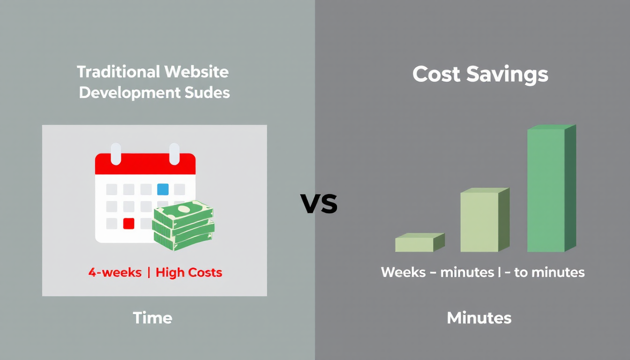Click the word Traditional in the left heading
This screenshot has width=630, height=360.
click(119, 72)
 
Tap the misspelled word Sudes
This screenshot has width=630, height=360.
click(207, 92)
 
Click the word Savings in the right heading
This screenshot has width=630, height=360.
click(507, 75)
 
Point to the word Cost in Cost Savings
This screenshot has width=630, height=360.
click(436, 74)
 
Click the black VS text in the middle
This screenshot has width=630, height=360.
click(319, 203)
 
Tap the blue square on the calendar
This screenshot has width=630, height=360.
click(163, 189)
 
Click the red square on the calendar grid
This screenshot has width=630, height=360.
click(129, 224)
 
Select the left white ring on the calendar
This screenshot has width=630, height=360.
click(116, 154)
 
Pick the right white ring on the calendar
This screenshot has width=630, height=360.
click(174, 154)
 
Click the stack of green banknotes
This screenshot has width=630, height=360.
click(183, 225)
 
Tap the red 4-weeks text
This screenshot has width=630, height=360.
click(115, 272)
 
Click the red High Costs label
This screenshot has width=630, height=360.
click(189, 272)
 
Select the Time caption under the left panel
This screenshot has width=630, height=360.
click(152, 318)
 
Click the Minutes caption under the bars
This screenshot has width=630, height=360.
click(479, 318)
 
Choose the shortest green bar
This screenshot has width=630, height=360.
click(420, 242)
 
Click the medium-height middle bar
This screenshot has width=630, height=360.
click(485, 220)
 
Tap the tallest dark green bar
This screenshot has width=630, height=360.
click(552, 188)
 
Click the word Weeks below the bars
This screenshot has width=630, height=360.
click(403, 272)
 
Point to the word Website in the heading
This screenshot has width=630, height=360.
click(196, 72)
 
